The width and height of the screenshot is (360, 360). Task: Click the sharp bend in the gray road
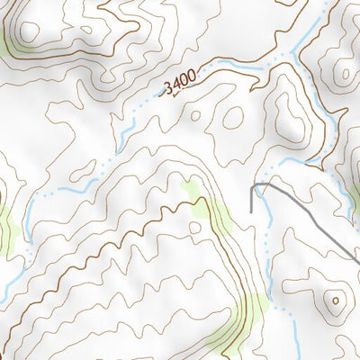point(268,184)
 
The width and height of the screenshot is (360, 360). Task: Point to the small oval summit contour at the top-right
point(343,71)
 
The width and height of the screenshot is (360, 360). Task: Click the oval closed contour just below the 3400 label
point(232,116)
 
